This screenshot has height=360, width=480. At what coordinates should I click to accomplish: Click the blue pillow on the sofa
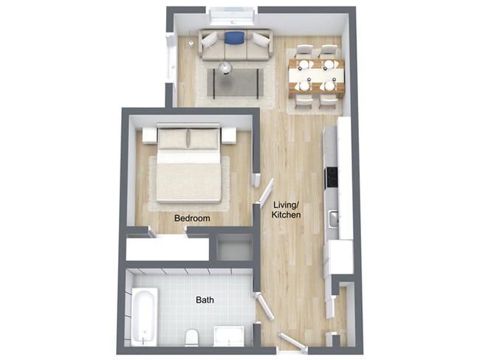click(x=234, y=38)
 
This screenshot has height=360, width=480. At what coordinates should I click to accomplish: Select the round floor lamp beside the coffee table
click(x=225, y=67)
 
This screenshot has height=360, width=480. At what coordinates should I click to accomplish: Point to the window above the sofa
click(x=232, y=15)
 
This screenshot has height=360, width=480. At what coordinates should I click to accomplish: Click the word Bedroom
click(x=192, y=218)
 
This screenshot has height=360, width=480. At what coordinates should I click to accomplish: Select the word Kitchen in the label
click(x=286, y=215)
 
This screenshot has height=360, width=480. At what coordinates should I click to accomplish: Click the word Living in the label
click(x=285, y=204)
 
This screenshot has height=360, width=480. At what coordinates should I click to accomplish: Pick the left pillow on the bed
click(x=174, y=138)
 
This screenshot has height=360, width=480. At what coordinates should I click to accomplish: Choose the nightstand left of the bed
click(x=149, y=136)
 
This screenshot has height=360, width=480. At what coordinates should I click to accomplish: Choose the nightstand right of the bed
click(x=228, y=136)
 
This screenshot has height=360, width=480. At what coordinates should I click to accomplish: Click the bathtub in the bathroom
click(x=145, y=315)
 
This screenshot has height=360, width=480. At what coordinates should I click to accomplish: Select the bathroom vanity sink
click(x=228, y=336)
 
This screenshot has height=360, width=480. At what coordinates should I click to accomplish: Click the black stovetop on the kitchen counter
click(x=332, y=178)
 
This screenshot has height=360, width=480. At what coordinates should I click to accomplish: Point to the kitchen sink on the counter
click(x=334, y=218)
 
